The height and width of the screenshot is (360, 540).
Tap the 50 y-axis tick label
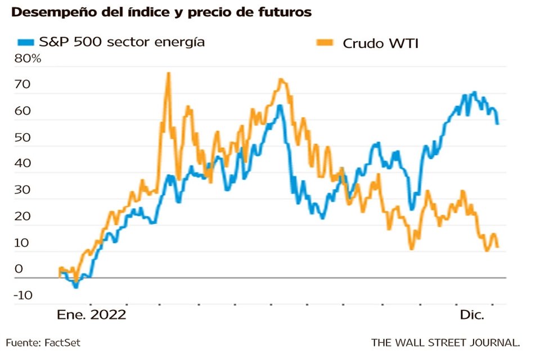point(21,138)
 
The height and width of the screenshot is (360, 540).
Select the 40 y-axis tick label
point(21,165)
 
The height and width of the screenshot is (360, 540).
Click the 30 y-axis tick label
point(21,191)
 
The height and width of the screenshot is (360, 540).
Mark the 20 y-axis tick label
point(21,217)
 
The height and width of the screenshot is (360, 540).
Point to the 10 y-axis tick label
point(21,243)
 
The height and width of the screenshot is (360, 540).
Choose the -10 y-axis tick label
point(22,296)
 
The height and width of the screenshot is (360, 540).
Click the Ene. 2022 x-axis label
point(91,315)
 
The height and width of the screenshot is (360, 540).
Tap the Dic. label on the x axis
point(472,315)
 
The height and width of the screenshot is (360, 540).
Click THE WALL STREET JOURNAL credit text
point(445,342)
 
